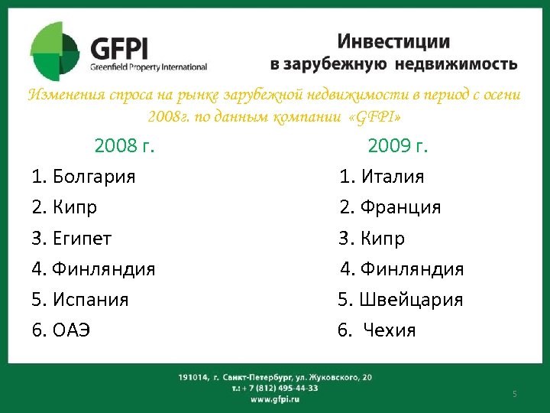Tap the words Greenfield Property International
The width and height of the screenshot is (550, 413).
[x=148, y=66]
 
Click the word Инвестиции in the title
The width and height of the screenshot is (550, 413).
[x=393, y=42]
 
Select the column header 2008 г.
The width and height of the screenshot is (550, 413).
[x=125, y=145]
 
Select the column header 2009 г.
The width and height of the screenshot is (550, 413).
[x=398, y=145]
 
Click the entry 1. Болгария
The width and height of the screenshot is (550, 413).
[x=84, y=177]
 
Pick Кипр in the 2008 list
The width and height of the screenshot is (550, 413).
[x=75, y=207]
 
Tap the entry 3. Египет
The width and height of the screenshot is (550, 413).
[x=72, y=239]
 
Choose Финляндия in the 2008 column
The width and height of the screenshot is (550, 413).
[x=104, y=269]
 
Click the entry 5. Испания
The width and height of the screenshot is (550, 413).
[x=80, y=300]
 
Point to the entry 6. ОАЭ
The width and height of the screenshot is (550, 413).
[x=61, y=330]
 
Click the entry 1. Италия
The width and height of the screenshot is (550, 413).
[x=382, y=177]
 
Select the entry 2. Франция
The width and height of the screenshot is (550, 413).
[x=390, y=207]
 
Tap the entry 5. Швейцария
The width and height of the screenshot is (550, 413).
[x=400, y=300]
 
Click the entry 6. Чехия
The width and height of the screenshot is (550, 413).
[x=377, y=330]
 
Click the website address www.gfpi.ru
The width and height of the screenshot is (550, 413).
[x=274, y=399]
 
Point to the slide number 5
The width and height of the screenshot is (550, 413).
[x=515, y=394]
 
